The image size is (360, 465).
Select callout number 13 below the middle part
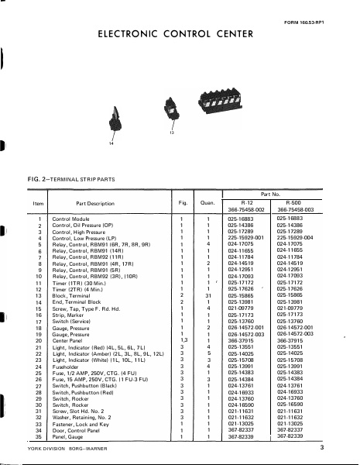pyautogui.click(x=172, y=134)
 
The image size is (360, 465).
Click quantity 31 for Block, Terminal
pyautogui.click(x=208, y=296)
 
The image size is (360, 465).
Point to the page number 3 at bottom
pyautogui.click(x=342, y=449)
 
